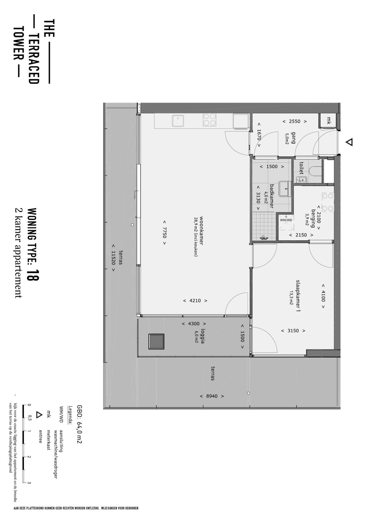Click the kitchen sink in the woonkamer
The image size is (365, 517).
click(x=178, y=120)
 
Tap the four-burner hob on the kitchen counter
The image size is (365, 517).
click(x=209, y=120)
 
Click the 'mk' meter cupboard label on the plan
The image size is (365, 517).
click(x=328, y=121)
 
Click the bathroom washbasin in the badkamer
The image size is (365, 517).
click(x=285, y=189)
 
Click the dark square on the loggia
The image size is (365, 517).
click(x=156, y=341)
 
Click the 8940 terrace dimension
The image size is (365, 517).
click(x=212, y=396)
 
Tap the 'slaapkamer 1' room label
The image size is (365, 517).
click(x=298, y=295)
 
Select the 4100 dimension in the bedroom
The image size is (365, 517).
click(x=323, y=296)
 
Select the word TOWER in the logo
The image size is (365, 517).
click(x=18, y=44)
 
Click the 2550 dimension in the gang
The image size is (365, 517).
click(x=295, y=121)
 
